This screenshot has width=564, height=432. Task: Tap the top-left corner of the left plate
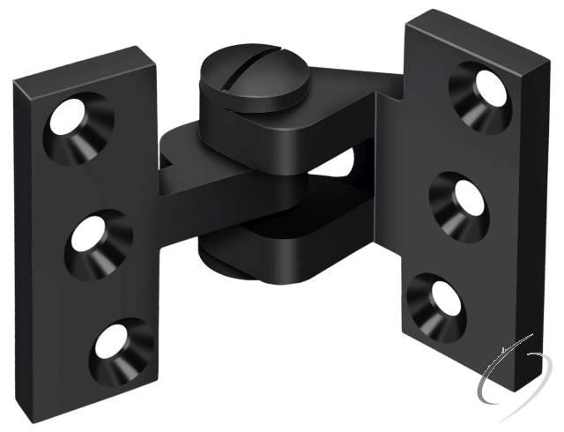tap(15, 81)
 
